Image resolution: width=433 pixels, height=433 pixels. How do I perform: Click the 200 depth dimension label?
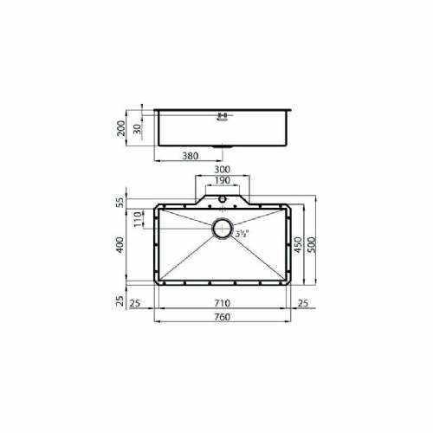(x=121, y=128)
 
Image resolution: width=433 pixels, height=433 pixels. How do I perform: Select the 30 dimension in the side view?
(x=138, y=129)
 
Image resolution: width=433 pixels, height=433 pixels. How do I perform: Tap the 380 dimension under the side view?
(x=191, y=156)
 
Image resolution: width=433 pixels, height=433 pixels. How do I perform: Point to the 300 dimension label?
(x=222, y=170)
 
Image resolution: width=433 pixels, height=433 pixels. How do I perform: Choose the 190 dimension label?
(x=223, y=180)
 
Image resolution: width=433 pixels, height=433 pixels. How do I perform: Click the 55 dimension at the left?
(x=121, y=202)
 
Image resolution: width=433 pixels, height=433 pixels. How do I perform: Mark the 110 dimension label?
(x=138, y=219)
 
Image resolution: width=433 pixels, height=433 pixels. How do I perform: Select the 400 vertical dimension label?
(x=120, y=245)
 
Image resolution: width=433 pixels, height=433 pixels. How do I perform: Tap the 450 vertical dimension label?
(x=298, y=245)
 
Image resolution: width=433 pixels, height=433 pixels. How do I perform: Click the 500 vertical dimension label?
(x=312, y=245)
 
